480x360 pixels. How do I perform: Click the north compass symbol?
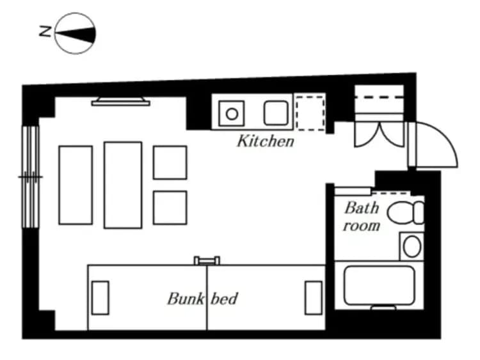point(76,33)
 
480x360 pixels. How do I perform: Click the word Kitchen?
point(266,141)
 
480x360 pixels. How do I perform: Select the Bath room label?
point(362,216)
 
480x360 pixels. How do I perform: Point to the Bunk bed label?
point(202,298)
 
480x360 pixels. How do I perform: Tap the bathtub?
point(379,285)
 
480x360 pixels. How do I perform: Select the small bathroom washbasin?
point(412,245)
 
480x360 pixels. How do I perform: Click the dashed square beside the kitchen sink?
point(310,113)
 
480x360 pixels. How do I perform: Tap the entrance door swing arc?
point(442,144)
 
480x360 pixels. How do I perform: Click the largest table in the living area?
point(123,185)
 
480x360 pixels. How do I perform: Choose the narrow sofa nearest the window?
point(76,185)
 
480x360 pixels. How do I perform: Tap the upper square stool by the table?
point(170,162)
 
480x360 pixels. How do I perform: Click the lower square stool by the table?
point(170,208)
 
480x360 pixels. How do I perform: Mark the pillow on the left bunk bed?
point(100,297)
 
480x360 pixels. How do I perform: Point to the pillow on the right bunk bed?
point(314,297)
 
